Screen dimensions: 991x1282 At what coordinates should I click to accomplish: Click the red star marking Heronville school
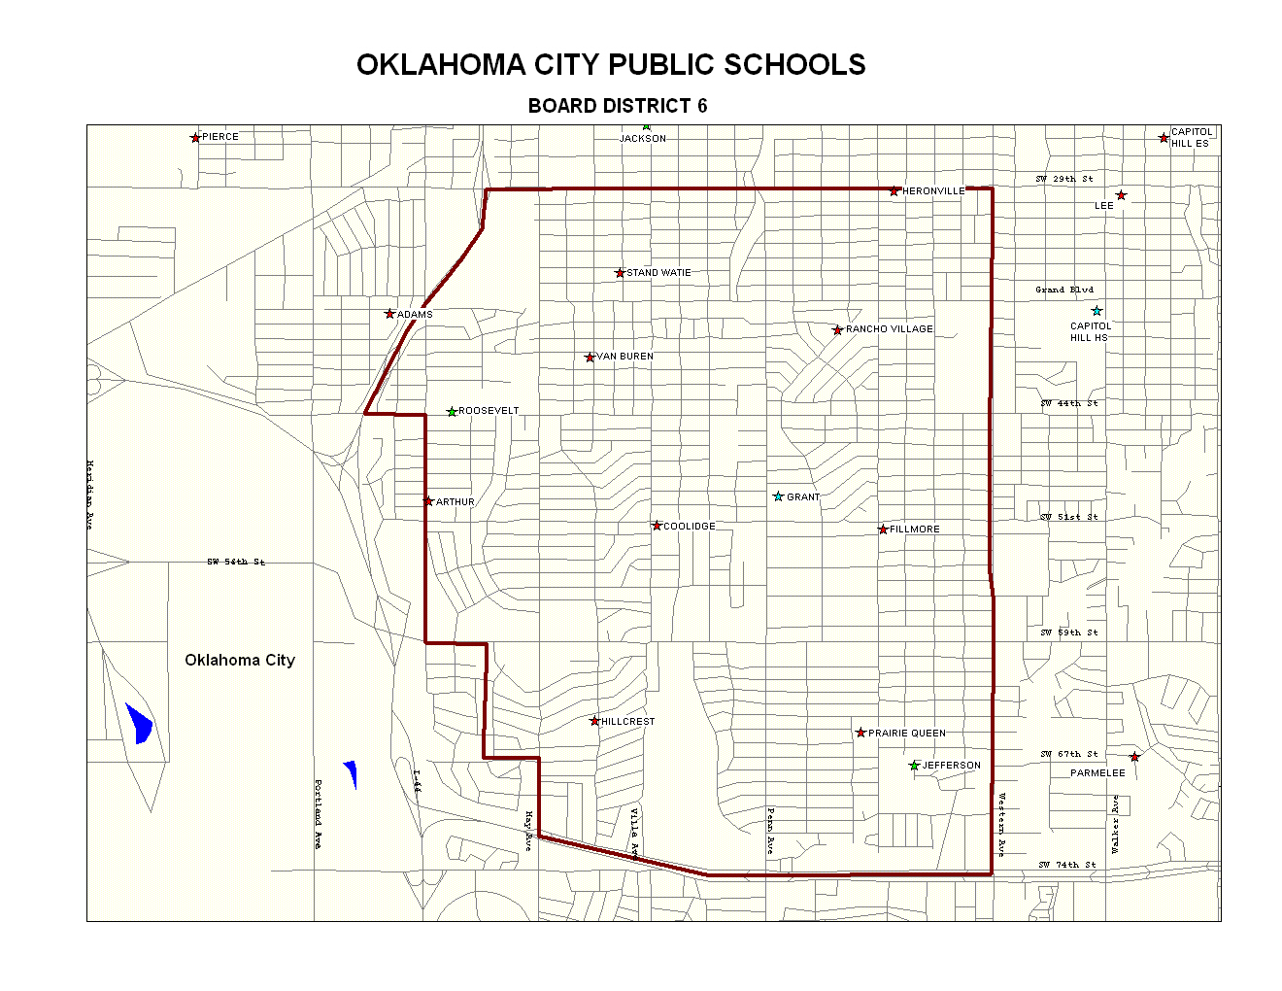(894, 191)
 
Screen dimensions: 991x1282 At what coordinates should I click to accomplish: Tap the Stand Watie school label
(658, 273)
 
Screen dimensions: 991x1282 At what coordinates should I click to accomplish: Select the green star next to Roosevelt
(452, 412)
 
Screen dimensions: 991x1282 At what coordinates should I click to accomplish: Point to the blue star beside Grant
(778, 496)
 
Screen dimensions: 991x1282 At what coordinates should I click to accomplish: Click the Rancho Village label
(889, 329)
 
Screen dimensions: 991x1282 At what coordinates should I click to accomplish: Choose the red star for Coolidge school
(657, 526)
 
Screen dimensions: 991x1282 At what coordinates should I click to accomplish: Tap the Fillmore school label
(914, 530)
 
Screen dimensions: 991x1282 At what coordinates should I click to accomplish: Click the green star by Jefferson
(914, 766)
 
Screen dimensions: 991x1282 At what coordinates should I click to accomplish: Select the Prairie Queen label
(906, 734)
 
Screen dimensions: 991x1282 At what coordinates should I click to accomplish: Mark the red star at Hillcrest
(594, 721)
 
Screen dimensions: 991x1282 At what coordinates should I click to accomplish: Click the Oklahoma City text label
(240, 660)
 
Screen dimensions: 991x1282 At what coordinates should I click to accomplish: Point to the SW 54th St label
(235, 562)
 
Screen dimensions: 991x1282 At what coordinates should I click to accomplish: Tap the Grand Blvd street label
(1063, 290)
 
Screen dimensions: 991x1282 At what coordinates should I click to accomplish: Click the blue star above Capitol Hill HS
(1096, 311)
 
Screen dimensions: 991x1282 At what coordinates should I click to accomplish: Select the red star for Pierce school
(195, 138)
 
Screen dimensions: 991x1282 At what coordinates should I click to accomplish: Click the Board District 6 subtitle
(618, 106)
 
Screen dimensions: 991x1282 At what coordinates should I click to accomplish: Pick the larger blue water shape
(139, 723)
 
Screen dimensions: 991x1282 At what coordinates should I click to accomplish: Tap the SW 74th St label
(1066, 864)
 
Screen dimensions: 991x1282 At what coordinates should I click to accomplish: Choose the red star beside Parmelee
(1134, 757)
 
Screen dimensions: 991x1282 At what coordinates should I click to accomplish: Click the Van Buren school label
(624, 357)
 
